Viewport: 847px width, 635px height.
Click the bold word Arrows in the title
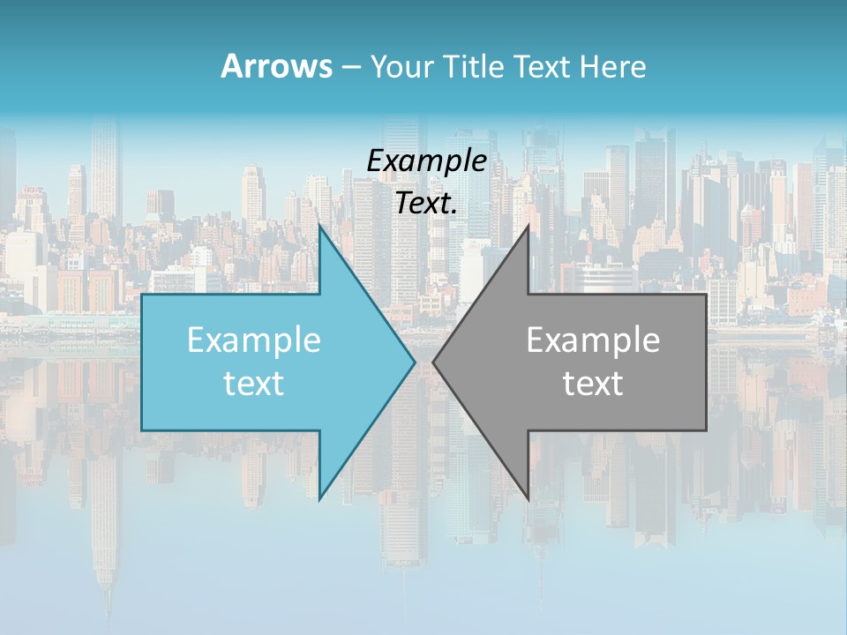click(x=276, y=66)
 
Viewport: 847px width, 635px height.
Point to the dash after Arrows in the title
click(x=350, y=68)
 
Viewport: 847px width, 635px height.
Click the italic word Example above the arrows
click(x=427, y=161)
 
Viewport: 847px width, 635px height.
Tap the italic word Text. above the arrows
click(x=427, y=203)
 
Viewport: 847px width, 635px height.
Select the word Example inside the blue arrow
click(x=254, y=340)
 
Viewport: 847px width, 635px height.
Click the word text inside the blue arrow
click(x=254, y=383)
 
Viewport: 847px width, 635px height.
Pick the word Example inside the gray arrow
click(x=593, y=340)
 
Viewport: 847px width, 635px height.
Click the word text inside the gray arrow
click(x=593, y=383)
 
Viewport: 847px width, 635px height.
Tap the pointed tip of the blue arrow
click(x=415, y=362)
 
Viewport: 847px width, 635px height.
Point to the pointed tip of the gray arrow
click(x=433, y=362)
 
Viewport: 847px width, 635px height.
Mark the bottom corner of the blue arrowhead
click(x=319, y=500)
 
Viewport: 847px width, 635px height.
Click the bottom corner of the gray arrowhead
click(x=528, y=500)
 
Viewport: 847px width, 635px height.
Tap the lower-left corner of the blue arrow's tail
click(x=142, y=430)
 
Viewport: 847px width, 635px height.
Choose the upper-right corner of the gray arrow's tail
click(x=706, y=295)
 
